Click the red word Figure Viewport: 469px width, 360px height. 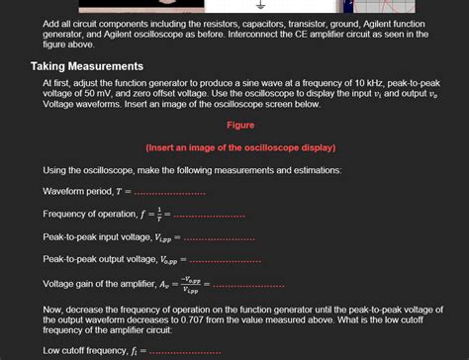240,126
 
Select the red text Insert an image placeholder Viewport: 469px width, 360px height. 240,147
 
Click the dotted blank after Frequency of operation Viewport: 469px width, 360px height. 208,215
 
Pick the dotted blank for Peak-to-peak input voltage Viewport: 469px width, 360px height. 219,237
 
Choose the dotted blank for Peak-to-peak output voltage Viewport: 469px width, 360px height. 225,260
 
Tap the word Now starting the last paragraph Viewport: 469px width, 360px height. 53,309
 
